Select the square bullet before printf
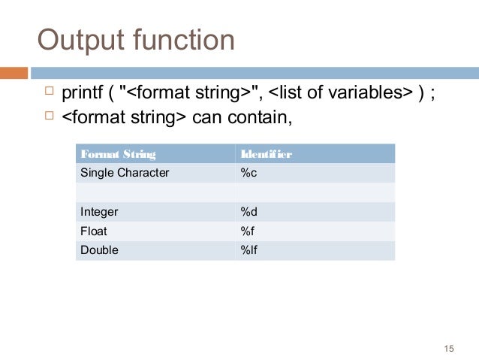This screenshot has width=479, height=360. (50, 92)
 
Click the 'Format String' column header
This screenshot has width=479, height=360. (118, 154)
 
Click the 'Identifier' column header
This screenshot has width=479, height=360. (266, 154)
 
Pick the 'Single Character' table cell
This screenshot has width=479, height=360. (125, 173)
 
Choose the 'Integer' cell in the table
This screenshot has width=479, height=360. (99, 212)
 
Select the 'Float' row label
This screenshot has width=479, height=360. (94, 231)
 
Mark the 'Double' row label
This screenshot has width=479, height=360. (99, 250)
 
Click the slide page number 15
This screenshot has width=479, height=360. (450, 347)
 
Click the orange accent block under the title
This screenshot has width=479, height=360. (14, 73)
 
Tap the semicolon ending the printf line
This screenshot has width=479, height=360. (435, 94)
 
